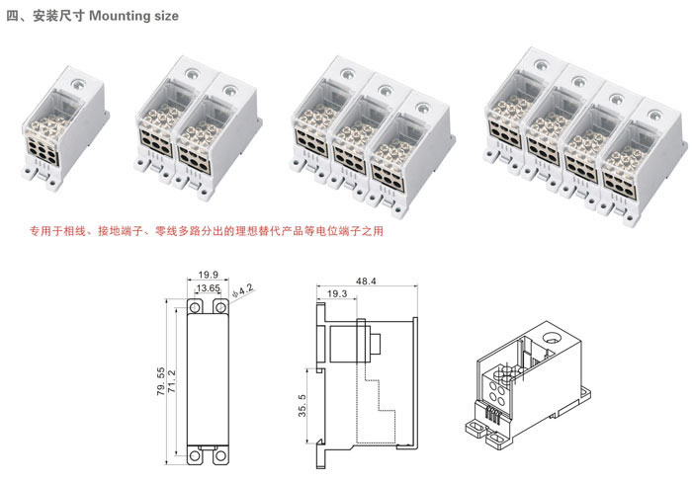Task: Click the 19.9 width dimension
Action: tap(208, 276)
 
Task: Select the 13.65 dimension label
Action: tap(208, 288)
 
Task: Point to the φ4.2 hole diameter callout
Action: tap(241, 291)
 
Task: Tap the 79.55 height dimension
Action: tap(161, 380)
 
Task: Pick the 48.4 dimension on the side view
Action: tap(366, 282)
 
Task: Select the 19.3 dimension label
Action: tap(336, 294)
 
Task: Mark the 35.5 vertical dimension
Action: tap(303, 404)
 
